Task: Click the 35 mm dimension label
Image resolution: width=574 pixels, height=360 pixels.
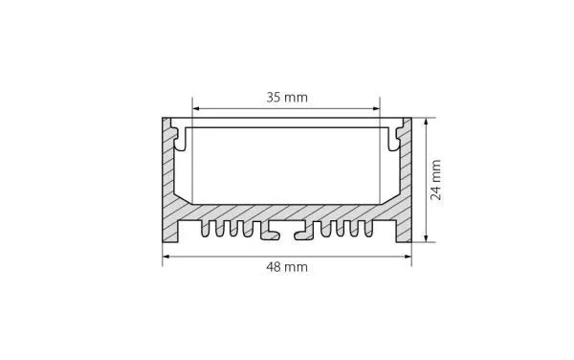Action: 287,98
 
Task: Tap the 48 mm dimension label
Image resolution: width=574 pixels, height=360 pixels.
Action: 287,267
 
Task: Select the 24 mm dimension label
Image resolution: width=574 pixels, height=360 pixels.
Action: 436,180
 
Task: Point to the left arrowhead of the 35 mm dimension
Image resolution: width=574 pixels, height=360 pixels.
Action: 196,108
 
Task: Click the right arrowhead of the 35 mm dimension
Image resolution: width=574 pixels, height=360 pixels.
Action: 376,108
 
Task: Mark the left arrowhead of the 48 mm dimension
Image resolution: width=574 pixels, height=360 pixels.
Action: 166,257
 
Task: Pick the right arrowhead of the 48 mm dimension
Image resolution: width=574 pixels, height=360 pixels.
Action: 408,257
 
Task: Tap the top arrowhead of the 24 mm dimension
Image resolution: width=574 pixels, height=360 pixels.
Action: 426,122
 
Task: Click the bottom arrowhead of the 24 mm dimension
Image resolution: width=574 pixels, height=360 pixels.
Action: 426,238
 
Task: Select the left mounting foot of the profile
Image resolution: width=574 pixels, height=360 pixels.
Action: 170,232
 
